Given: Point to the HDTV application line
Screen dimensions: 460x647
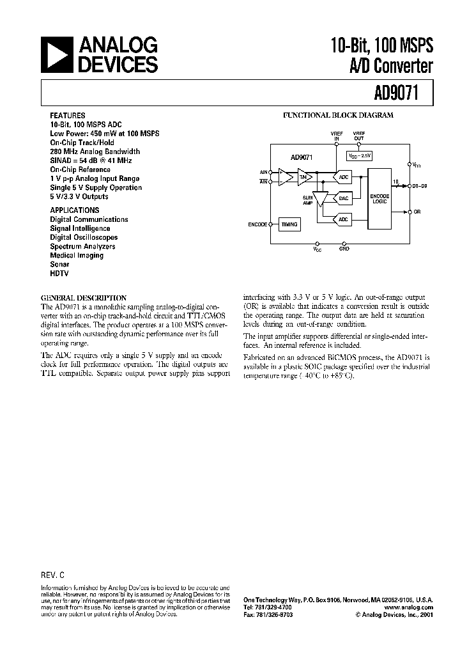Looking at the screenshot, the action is tap(59, 273).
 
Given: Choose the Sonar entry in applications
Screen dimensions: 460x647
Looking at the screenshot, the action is tap(60, 264).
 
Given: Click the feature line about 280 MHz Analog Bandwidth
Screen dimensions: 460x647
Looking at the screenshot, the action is tap(95, 152).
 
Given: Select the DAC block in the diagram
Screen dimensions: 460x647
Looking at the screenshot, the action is tap(344, 199).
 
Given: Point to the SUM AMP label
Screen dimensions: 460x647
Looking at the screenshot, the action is tap(308, 200).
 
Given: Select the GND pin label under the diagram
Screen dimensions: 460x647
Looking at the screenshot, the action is tap(345, 248).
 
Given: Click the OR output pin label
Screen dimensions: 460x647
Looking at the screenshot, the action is tap(417, 211).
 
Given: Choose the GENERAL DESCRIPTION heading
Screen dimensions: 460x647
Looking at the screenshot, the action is tap(84, 297).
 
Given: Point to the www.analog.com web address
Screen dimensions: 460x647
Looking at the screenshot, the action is tap(409, 607).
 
